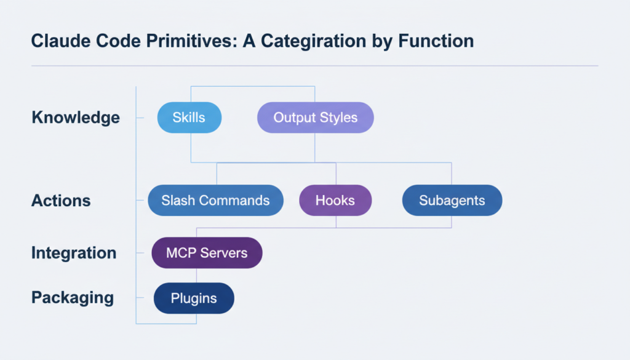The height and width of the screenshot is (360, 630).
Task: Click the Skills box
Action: point(189,118)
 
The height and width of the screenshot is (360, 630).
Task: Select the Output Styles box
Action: point(315,118)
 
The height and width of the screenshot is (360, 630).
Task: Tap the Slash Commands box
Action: point(215,201)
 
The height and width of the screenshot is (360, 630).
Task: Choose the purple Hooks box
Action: point(335,201)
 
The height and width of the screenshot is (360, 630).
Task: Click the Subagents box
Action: point(452,201)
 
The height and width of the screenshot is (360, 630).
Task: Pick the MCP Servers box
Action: point(207,253)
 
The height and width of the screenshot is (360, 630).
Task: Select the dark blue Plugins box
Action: point(194,298)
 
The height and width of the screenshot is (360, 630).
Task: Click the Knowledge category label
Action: point(76,118)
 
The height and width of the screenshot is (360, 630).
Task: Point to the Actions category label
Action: point(61,201)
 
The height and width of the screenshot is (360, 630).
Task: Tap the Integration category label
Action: point(74,253)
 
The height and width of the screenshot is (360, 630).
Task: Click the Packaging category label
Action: point(73,298)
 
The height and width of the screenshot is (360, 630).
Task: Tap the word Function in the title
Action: point(435,41)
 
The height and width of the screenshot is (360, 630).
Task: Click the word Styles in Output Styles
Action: point(338,118)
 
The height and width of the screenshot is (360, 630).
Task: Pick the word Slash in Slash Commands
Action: point(177,201)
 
